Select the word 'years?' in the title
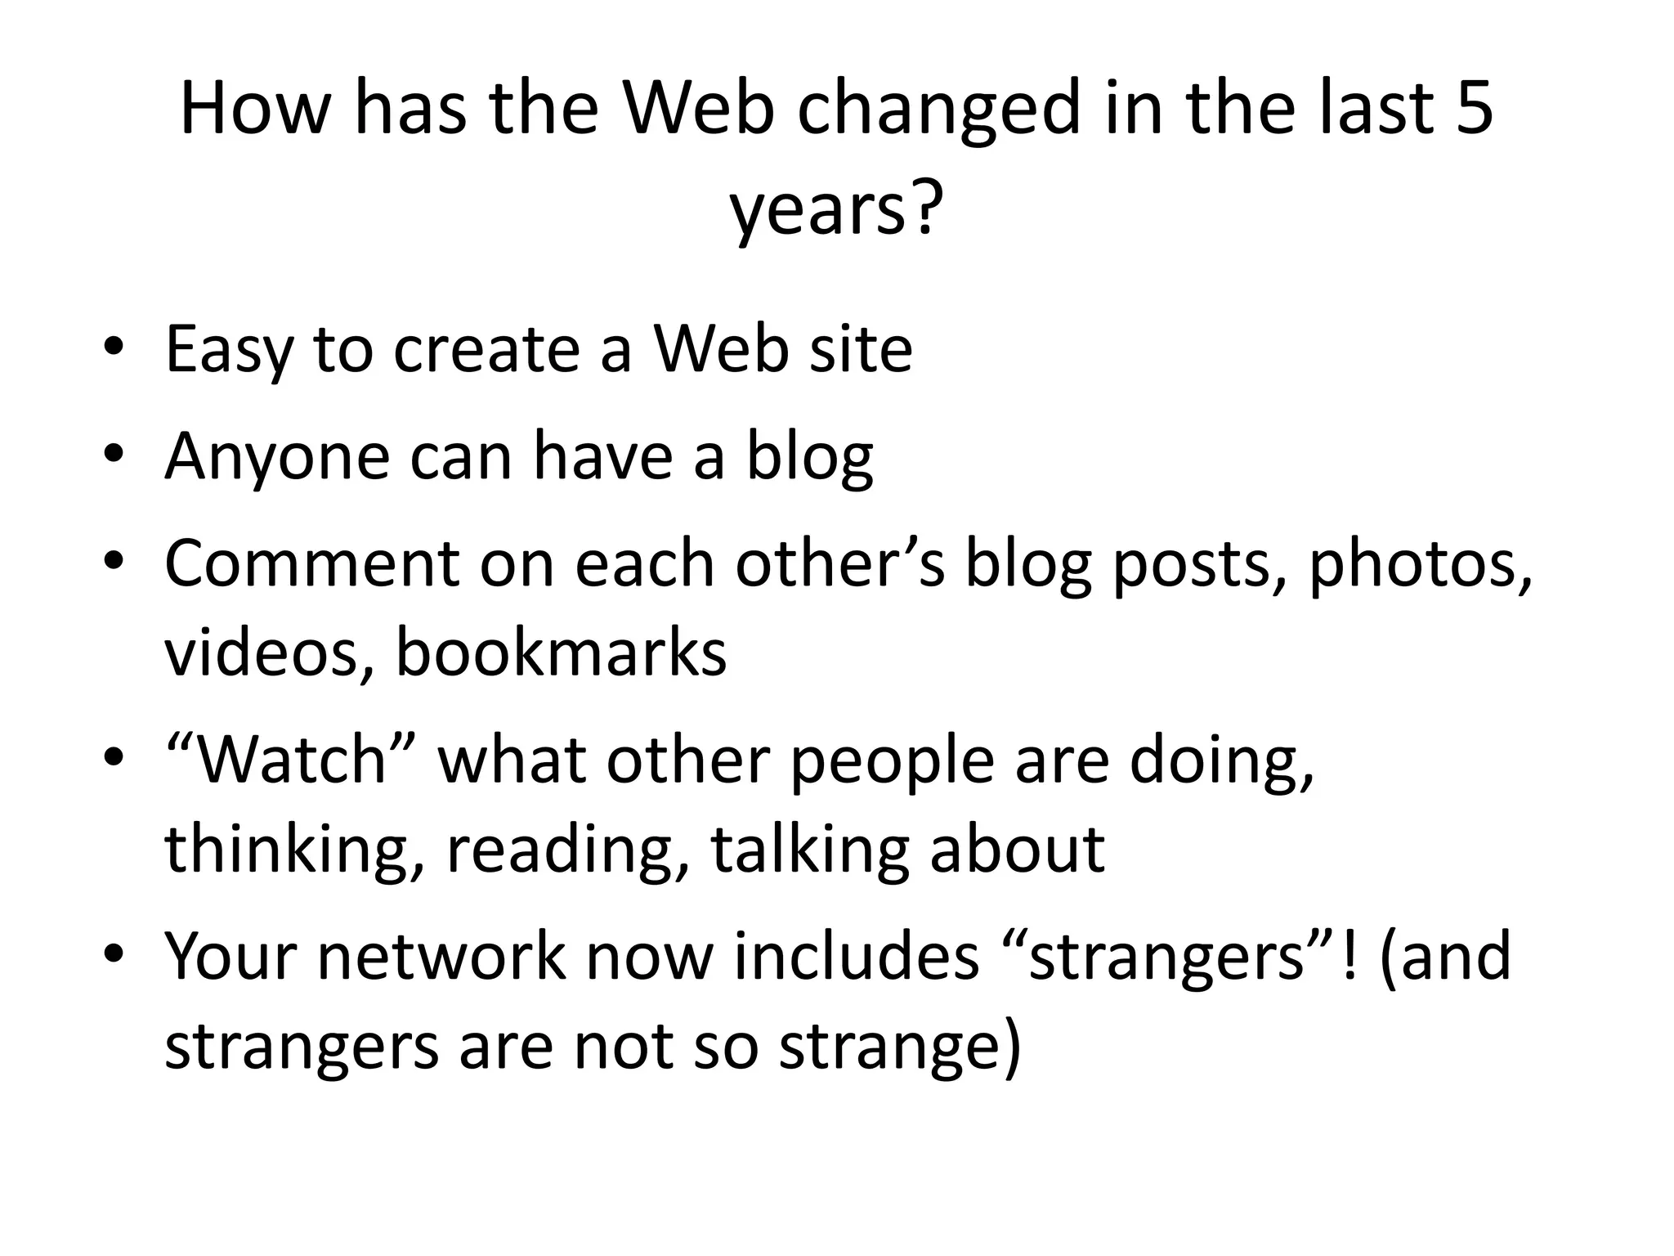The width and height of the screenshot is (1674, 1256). tap(835, 209)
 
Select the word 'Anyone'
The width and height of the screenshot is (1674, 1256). tap(277, 458)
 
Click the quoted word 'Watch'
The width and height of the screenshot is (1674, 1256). tap(291, 761)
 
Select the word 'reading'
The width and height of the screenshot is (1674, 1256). tap(568, 851)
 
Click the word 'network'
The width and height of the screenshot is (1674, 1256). tap(441, 956)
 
